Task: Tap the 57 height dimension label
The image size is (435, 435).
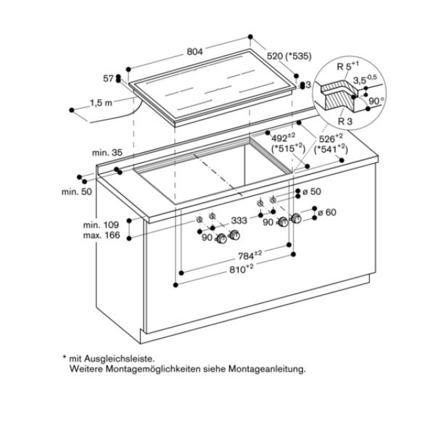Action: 108,80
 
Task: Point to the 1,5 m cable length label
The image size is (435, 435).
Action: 101,105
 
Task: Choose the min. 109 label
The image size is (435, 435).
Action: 102,224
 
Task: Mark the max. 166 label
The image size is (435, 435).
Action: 102,235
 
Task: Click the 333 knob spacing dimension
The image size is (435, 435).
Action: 239,220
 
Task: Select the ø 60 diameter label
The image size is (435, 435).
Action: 327,213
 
